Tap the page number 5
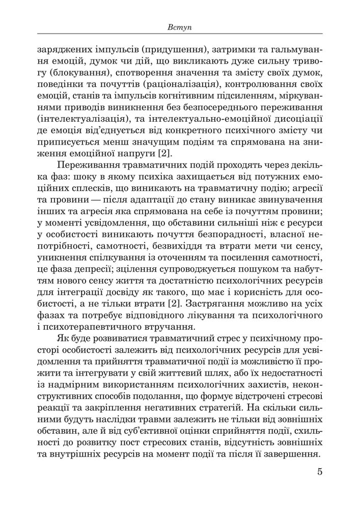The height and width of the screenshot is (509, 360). click(x=319, y=484)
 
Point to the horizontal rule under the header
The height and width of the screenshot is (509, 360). click(x=179, y=34)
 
